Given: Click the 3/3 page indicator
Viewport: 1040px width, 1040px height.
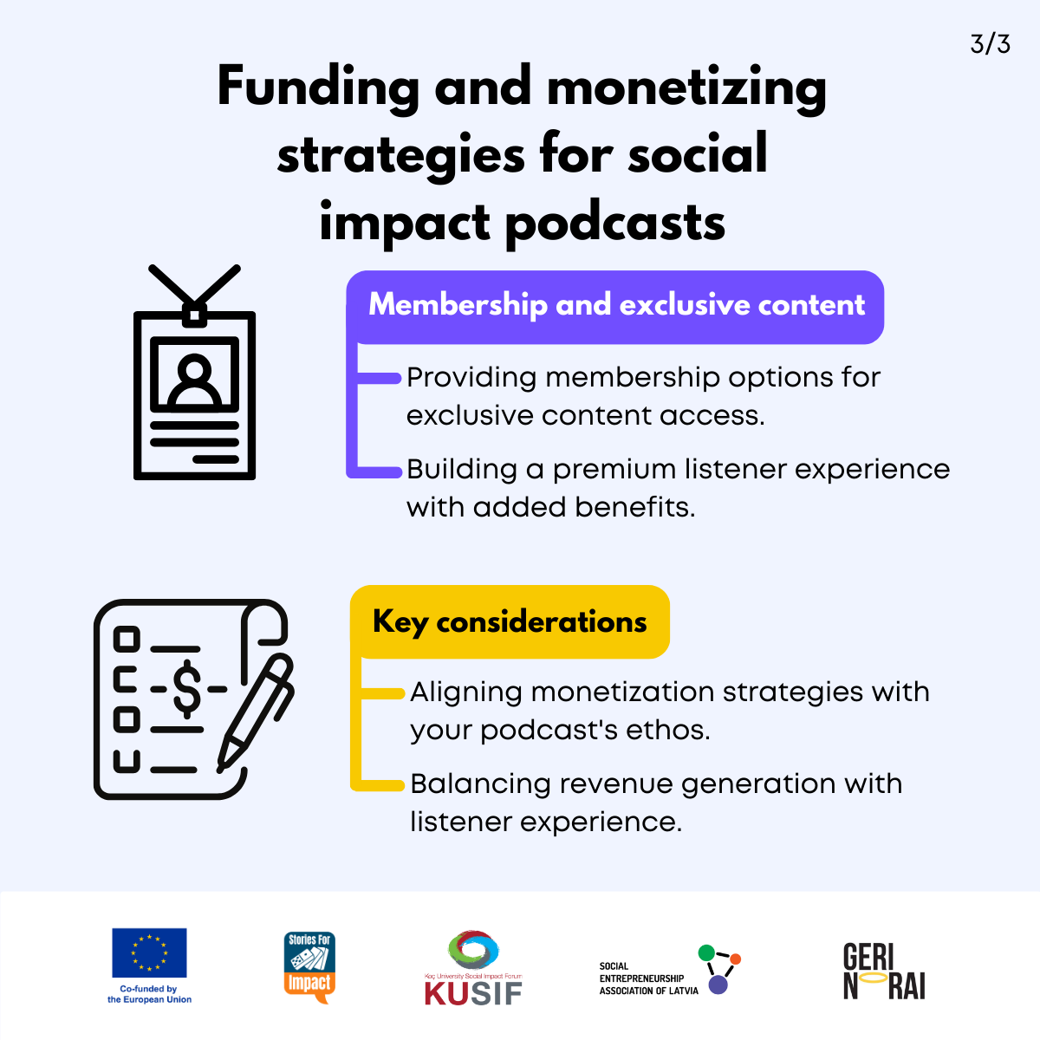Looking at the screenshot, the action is pyautogui.click(x=990, y=44).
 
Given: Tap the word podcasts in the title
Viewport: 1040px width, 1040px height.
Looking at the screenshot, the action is pyautogui.click(x=614, y=224).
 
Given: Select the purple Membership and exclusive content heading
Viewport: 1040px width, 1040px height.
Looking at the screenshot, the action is pyautogui.click(x=614, y=307).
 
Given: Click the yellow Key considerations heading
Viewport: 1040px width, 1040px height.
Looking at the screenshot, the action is pyautogui.click(x=510, y=621).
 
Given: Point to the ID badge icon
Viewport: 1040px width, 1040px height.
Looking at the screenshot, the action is pyautogui.click(x=194, y=373).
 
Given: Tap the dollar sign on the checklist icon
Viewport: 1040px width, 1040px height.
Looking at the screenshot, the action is pyautogui.click(x=187, y=689).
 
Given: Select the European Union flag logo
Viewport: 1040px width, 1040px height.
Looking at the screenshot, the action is pyautogui.click(x=149, y=952).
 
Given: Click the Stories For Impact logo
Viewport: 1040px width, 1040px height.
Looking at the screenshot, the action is pyautogui.click(x=309, y=968).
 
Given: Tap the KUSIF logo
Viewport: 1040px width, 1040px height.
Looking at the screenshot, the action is pyautogui.click(x=473, y=968).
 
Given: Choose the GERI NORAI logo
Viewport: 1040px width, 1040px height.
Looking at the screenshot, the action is pyautogui.click(x=885, y=971).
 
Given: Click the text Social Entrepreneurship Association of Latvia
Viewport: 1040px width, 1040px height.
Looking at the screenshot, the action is pyautogui.click(x=649, y=978).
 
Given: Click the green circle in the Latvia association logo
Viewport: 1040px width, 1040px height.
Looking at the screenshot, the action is pyautogui.click(x=706, y=952).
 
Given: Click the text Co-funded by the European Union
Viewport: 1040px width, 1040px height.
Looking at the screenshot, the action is pyautogui.click(x=149, y=994).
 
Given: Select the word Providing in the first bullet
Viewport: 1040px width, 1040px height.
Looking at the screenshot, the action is pyautogui.click(x=471, y=379).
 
